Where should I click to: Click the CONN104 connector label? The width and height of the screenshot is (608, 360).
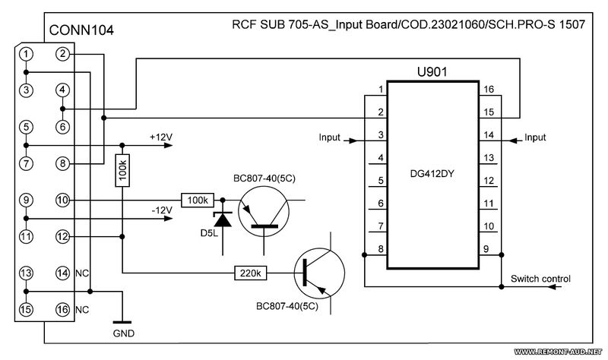coord(81,30)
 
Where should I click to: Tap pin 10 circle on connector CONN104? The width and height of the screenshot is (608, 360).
coord(62,200)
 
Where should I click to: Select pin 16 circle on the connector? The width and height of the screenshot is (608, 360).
coord(62,309)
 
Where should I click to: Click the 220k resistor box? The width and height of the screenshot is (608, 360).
coord(251,273)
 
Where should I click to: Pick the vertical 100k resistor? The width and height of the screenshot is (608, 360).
coord(122,170)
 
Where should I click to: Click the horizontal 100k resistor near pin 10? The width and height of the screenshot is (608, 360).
coord(198,201)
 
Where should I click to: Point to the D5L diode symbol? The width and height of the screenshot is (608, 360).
coord(223,219)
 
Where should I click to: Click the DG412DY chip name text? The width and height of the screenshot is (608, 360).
coord(432,174)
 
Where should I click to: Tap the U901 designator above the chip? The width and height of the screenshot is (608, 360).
coord(432,71)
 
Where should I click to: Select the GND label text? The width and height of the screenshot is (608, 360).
coord(124,333)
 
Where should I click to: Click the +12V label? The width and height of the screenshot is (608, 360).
coord(161,137)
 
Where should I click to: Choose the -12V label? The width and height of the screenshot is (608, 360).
coord(162,210)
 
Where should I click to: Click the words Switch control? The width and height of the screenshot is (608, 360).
coord(540,279)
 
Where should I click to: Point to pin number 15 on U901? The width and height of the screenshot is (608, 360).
coord(489,112)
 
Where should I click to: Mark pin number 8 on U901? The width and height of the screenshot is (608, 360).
coord(381,249)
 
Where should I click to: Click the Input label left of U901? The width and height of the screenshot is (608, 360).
coord(329,137)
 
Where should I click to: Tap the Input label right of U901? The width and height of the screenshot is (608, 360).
coord(535,137)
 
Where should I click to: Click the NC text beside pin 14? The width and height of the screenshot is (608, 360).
coord(82,273)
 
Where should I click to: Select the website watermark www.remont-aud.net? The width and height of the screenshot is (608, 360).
coord(559,352)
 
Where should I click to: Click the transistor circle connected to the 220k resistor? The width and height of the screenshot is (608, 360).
coord(319,273)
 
